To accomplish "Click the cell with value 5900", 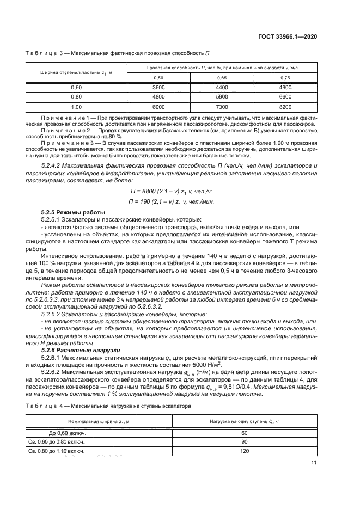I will click(222, 97).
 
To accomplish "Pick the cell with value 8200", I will click(285, 107).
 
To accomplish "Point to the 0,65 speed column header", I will click(222, 77).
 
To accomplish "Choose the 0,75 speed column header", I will click(285, 77).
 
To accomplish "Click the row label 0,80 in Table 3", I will click(76, 97).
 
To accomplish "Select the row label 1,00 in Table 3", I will click(76, 107).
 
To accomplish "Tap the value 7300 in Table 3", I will click(222, 107).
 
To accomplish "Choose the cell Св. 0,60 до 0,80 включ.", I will click(60, 441).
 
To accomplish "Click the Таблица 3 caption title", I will click(118, 53).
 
